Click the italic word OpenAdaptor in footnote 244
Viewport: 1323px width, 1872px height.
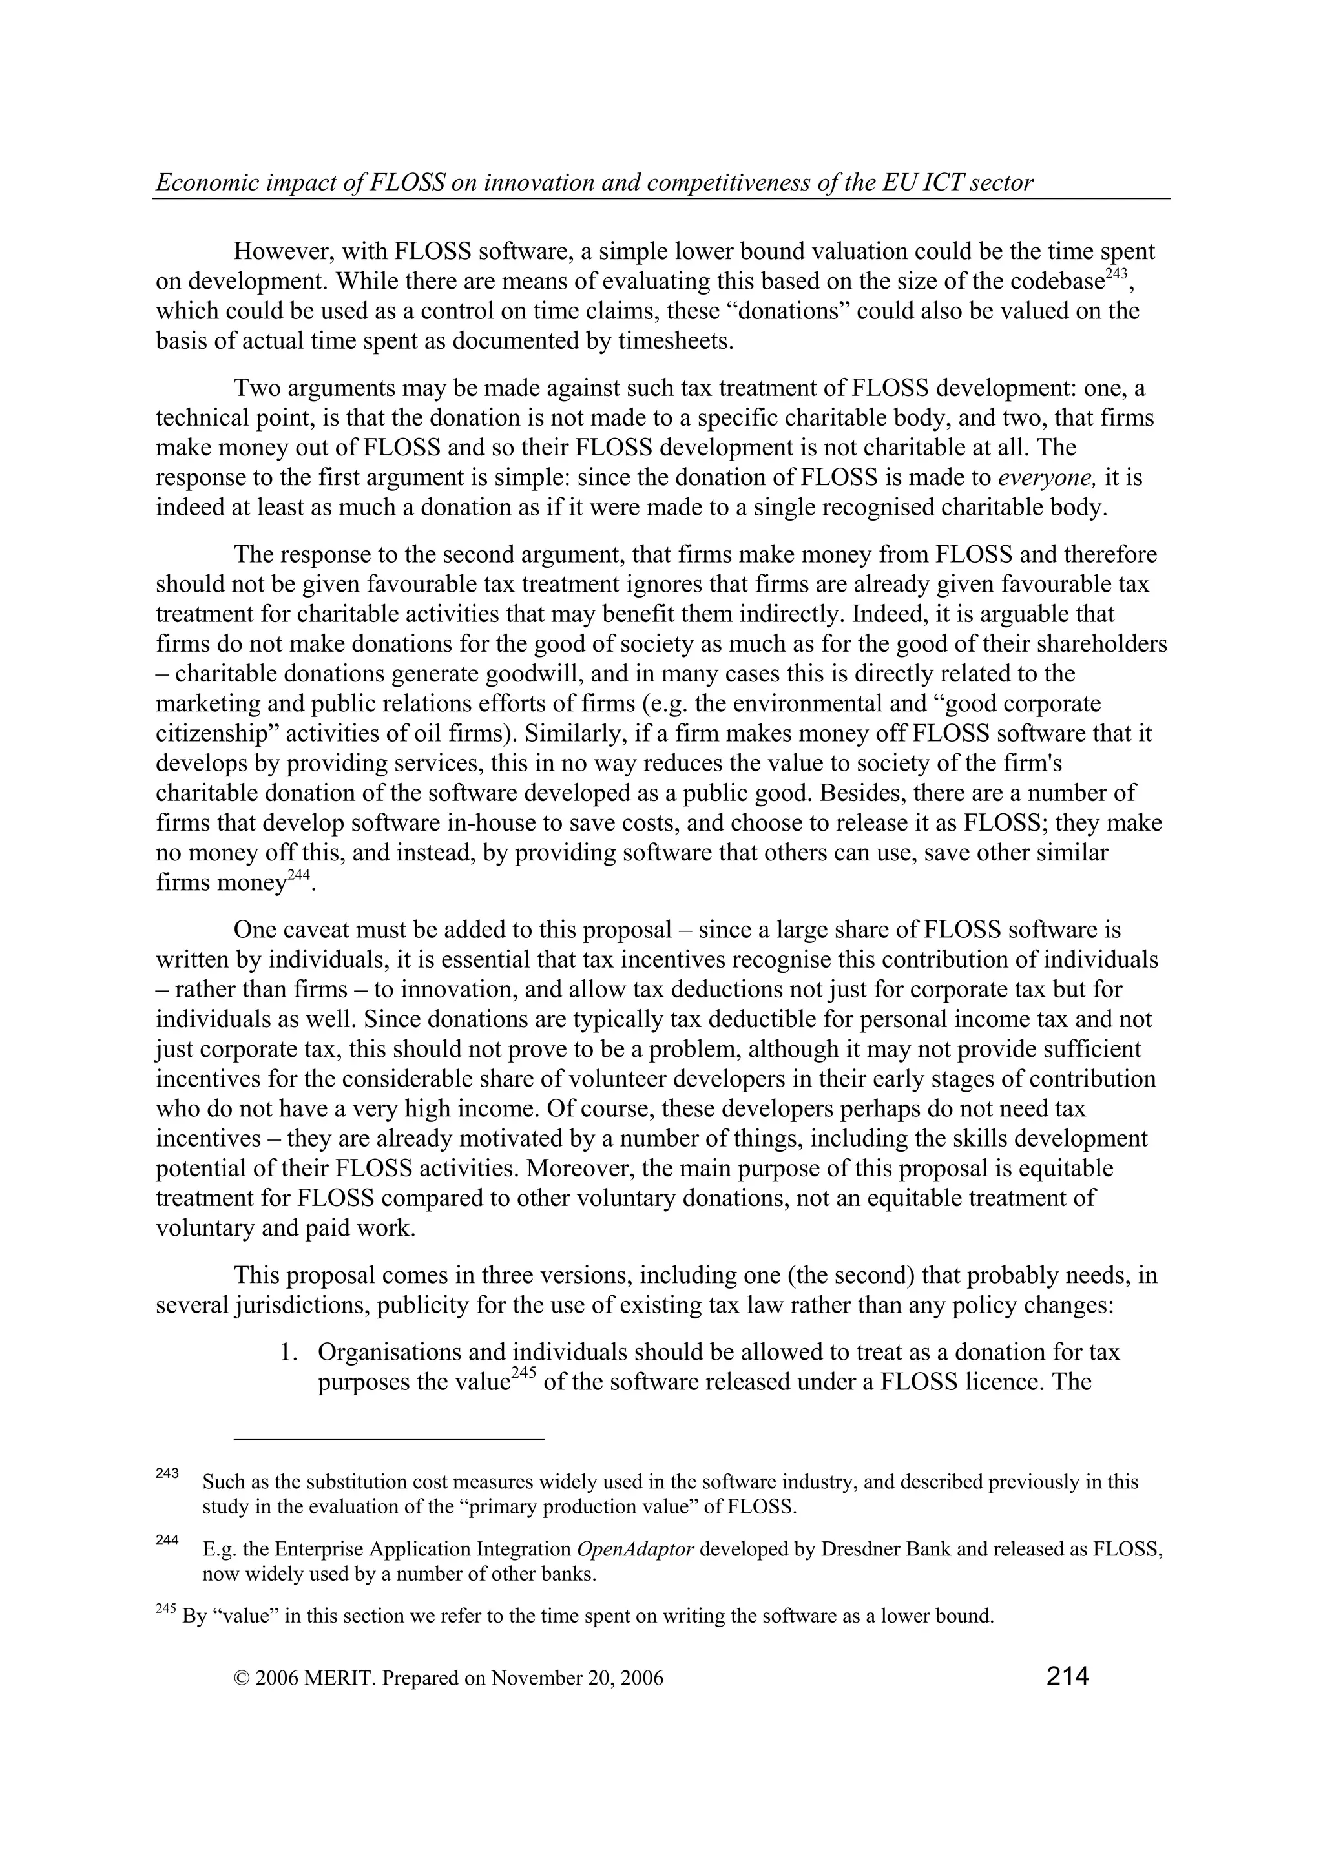point(635,1549)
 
